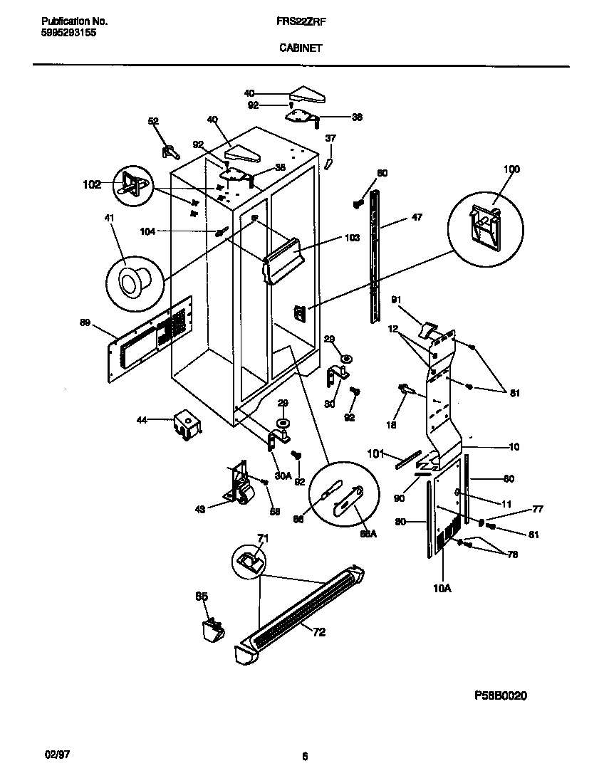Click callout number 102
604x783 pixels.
[92, 184]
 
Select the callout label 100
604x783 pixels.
[511, 169]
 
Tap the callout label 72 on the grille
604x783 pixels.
[319, 631]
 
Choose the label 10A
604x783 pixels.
[442, 587]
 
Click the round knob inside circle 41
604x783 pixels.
[132, 282]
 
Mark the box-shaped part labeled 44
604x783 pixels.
[187, 424]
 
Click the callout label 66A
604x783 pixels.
[368, 533]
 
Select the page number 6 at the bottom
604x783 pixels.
[304, 757]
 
